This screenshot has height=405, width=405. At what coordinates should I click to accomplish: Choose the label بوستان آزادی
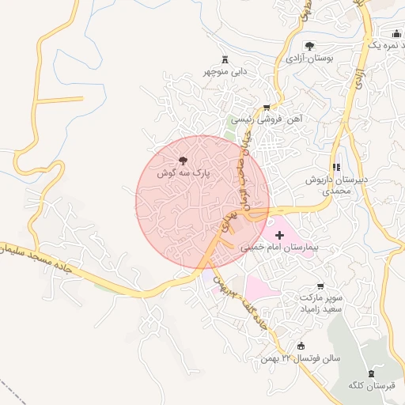(x=311, y=58)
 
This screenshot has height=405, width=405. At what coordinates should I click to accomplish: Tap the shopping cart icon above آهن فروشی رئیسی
(x=267, y=107)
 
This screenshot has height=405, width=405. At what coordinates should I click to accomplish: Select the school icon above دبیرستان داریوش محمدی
(x=338, y=167)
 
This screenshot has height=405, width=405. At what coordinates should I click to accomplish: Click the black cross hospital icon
(x=279, y=235)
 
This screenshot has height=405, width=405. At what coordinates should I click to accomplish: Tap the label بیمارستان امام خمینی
(x=279, y=248)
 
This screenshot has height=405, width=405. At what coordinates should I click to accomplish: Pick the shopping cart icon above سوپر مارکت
(x=320, y=286)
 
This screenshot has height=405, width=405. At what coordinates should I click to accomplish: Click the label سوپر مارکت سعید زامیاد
(x=320, y=304)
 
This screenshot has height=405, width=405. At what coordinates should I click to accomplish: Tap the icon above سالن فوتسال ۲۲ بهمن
(x=300, y=346)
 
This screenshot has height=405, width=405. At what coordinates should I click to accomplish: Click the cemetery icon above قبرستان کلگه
(x=371, y=373)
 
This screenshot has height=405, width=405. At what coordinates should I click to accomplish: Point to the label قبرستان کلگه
(x=371, y=385)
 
